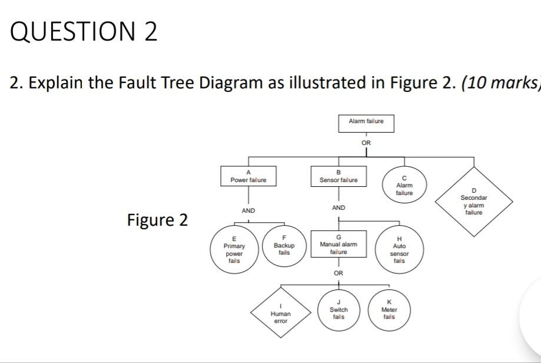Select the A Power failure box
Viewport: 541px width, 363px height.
pos(248,176)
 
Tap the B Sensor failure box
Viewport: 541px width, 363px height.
pos(338,176)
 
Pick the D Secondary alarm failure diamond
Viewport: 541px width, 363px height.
pos(473,202)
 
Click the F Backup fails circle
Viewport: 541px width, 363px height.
pos(284,248)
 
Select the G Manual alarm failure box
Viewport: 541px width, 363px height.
pos(338,244)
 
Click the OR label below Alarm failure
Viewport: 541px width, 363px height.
pos(366,142)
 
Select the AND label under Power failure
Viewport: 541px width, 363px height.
pos(248,210)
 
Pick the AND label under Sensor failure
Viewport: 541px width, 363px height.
pos(338,208)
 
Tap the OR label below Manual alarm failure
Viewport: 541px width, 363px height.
pos(338,273)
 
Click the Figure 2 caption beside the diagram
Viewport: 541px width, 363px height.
pos(157,220)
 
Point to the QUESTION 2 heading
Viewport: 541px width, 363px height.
pos(84,32)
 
